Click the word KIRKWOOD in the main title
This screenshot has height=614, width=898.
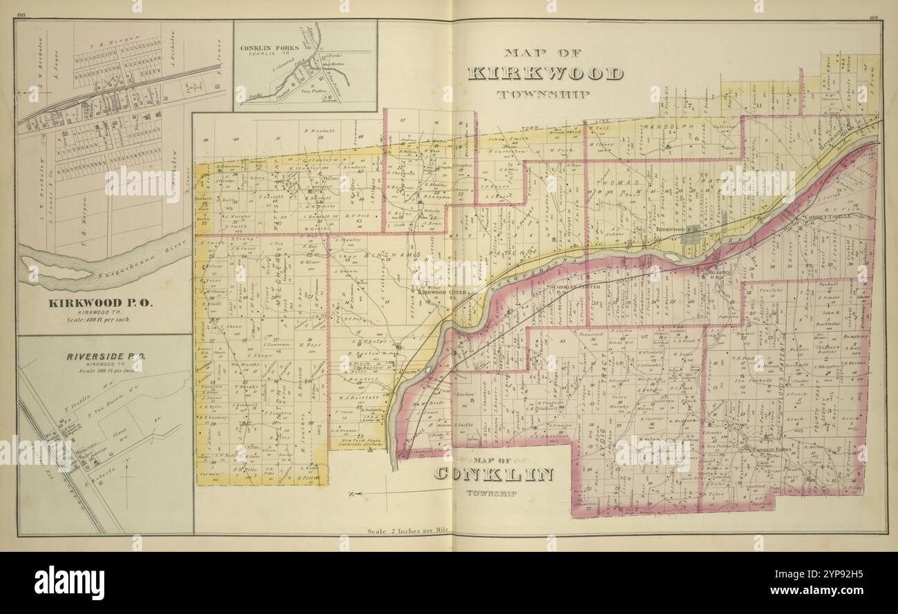coord(545,74)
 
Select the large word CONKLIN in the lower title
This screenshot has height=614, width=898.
coord(494,474)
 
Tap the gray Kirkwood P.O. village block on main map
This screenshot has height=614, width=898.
coord(691,236)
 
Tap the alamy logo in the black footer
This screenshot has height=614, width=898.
coord(69,582)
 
